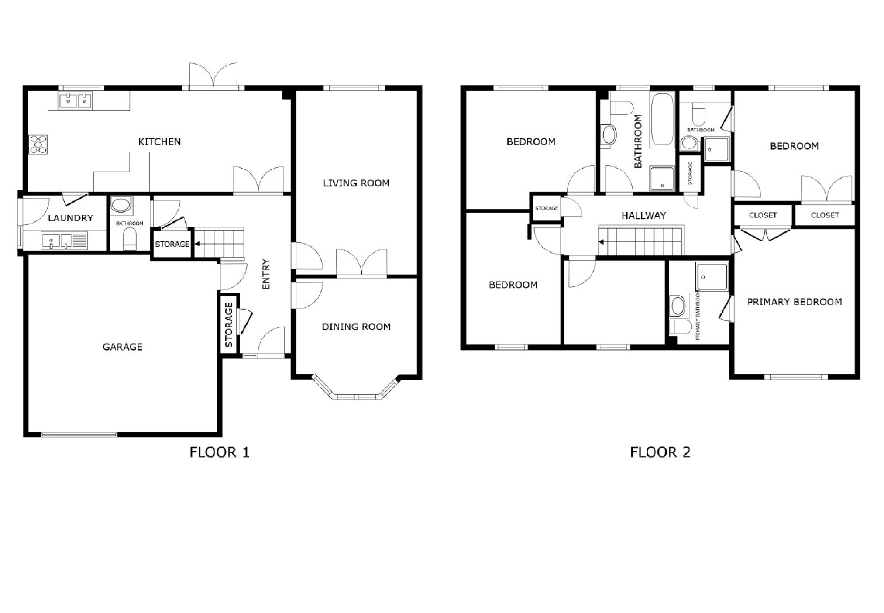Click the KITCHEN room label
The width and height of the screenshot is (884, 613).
pos(159,141)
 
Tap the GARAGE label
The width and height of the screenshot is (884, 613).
pos(123,347)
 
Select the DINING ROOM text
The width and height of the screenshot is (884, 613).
pos(356,327)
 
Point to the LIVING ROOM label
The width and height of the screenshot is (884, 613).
pos(356,183)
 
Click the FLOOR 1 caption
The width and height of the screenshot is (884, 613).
pos(219,452)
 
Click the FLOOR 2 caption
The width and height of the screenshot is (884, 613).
pos(660,452)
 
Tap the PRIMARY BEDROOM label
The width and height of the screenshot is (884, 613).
pos(794,302)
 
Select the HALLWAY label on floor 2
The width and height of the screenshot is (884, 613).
pos(643,215)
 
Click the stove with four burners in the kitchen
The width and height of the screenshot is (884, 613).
pos(38,144)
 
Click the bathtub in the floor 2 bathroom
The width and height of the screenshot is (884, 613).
pos(662,119)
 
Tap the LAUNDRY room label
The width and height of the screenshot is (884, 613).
pos(70,218)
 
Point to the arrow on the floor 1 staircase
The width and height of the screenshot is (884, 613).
pos(197,244)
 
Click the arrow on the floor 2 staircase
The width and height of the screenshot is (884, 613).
pos(602,241)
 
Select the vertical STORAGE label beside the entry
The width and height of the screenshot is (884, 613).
pos(229,325)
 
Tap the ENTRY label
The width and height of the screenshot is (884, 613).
pos(266,274)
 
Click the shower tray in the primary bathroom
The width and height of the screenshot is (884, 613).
pos(712,276)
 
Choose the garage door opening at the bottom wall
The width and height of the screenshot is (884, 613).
pos(79,434)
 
